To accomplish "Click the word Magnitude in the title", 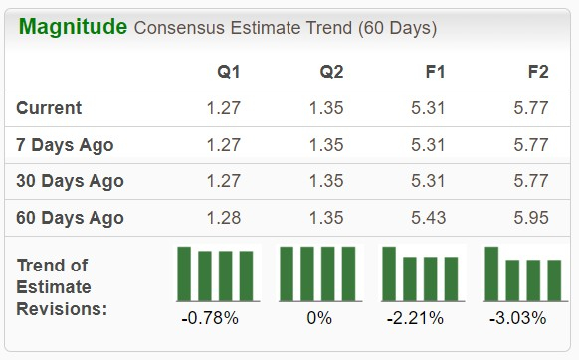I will point(73,27).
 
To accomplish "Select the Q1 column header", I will point(229,73).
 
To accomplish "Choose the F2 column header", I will point(537,73).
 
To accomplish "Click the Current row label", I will point(50,108).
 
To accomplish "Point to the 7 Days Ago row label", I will point(66,145).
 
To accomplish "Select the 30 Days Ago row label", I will point(71,181).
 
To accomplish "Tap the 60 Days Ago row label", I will point(71,218).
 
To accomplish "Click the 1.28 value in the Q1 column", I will point(223,218).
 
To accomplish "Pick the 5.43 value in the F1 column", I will point(428,218).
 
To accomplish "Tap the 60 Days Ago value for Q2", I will point(326,218).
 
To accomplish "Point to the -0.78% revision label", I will point(210,319).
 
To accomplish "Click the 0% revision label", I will point(318,319).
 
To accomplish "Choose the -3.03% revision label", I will point(519,319).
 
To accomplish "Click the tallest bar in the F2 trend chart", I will point(491,272).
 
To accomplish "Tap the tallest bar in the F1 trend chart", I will point(389,272).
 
